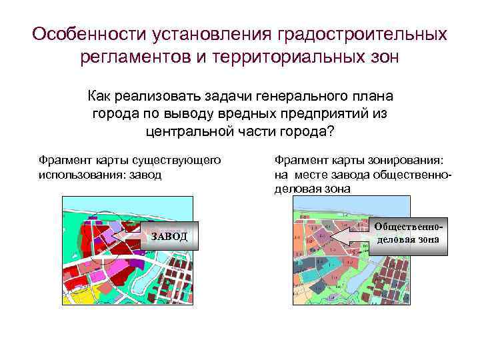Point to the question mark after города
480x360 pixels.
click(330, 130)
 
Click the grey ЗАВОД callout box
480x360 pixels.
click(169, 236)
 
